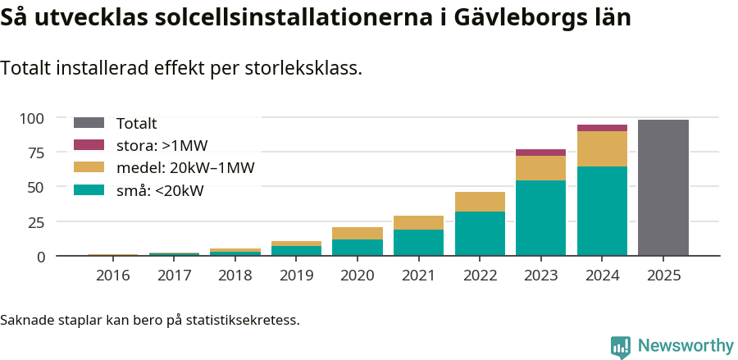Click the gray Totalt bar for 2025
point(663,188)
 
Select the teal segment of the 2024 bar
point(602,212)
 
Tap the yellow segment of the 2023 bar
point(540,168)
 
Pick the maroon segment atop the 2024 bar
point(602,128)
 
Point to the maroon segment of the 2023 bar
point(540,153)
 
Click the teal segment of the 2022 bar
point(480,234)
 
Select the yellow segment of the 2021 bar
point(418,222)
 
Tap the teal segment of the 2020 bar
point(357,248)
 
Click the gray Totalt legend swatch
point(89,123)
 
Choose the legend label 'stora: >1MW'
point(162,145)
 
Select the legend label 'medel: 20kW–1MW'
point(185,168)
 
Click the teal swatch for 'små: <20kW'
point(89,190)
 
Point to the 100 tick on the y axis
point(32,118)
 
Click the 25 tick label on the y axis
point(37,222)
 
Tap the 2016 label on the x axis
point(112,276)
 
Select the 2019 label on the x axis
point(296,276)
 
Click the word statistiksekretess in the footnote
point(242,319)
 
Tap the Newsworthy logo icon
point(621,346)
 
